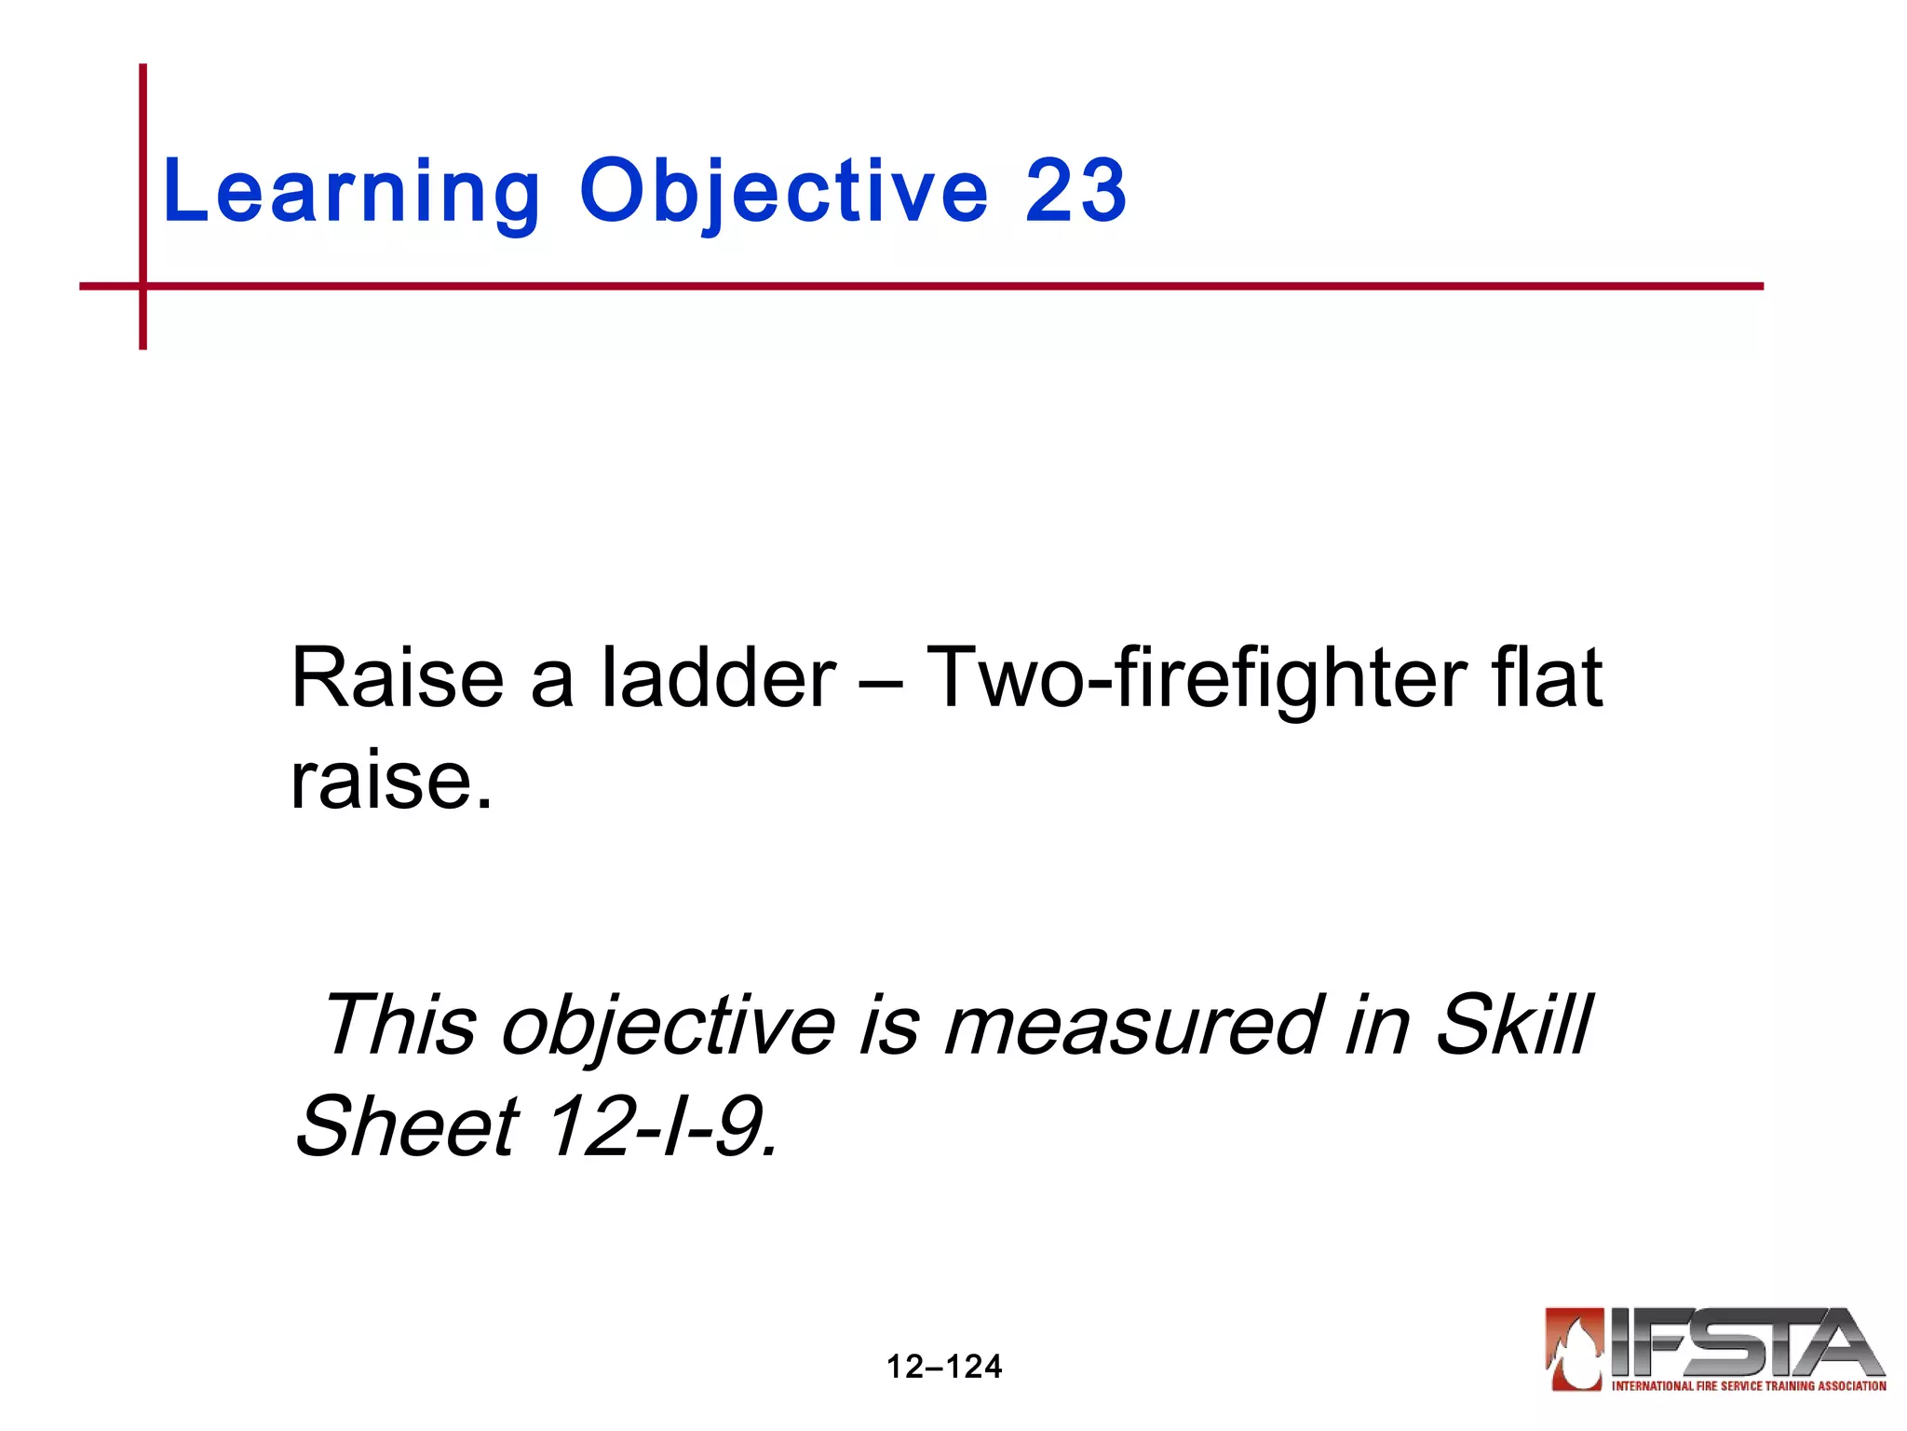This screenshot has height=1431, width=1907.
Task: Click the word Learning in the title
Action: (x=351, y=192)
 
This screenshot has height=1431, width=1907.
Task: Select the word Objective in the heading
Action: (x=783, y=192)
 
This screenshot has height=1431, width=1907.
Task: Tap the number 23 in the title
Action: (x=1075, y=192)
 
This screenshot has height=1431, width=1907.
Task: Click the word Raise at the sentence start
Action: (x=397, y=679)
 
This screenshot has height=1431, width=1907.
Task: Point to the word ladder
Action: (x=718, y=679)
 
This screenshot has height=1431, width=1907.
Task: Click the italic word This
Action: (x=400, y=1025)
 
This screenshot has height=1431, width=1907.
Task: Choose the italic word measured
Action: (x=1133, y=1025)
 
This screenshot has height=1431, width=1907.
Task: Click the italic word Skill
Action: (x=1513, y=1025)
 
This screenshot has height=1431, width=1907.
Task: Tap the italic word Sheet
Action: (x=407, y=1126)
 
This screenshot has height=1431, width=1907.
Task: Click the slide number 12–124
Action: (x=943, y=1367)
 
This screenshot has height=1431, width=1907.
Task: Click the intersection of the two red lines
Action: (x=142, y=286)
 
